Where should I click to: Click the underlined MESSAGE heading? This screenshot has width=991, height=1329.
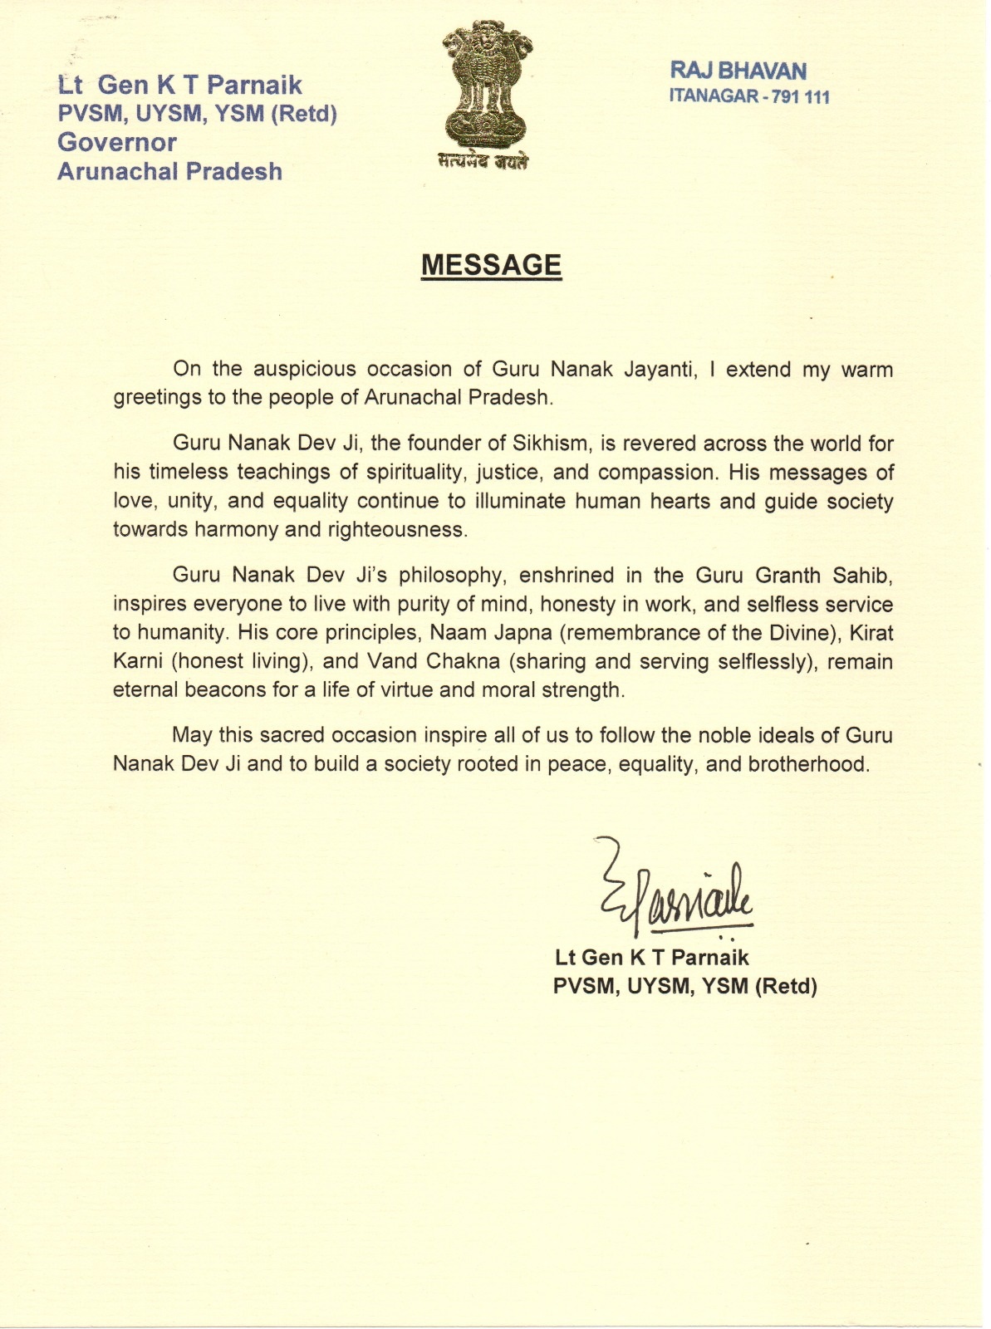tap(491, 265)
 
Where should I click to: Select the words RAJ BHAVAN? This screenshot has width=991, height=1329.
tap(738, 71)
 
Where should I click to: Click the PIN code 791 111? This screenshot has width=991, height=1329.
tap(801, 97)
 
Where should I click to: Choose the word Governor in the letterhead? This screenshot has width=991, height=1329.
tap(117, 142)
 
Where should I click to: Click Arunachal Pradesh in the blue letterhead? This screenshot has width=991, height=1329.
tap(169, 171)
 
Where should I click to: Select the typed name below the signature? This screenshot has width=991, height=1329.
tap(651, 958)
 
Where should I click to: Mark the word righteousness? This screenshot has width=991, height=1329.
tap(396, 530)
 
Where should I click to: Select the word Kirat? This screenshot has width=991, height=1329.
tap(871, 633)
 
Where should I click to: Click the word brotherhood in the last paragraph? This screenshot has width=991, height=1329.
tap(807, 764)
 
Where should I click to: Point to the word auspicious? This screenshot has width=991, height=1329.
tap(304, 369)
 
